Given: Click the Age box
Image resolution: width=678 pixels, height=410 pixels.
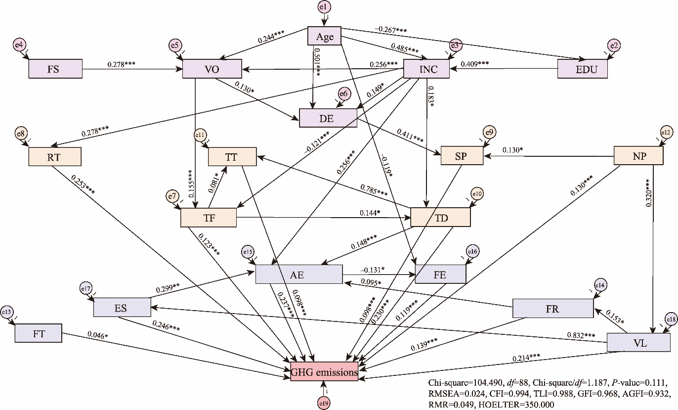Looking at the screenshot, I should (325, 36).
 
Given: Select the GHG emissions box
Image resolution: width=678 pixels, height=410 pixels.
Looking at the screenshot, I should (324, 372).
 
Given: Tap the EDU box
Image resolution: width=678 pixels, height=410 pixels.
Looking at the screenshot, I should (583, 69).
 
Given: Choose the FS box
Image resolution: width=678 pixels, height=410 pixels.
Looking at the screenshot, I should (53, 69).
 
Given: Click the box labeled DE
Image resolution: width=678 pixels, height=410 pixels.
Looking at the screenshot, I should (328, 118).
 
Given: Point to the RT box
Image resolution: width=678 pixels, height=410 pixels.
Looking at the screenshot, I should (54, 157).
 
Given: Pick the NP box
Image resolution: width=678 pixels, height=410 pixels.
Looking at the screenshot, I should (637, 155).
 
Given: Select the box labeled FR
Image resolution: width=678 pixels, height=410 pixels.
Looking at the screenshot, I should (552, 309).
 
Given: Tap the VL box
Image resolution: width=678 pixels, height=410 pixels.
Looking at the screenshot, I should (638, 342).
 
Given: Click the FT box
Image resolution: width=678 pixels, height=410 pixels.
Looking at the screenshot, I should (39, 333).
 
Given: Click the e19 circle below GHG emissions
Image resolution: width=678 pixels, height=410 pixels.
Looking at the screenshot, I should (323, 404).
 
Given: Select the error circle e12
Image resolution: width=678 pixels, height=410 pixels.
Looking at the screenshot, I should (667, 132).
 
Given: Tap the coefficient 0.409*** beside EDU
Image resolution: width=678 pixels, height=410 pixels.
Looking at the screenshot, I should (474, 64).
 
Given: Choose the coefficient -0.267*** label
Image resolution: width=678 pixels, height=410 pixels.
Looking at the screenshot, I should (391, 31).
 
